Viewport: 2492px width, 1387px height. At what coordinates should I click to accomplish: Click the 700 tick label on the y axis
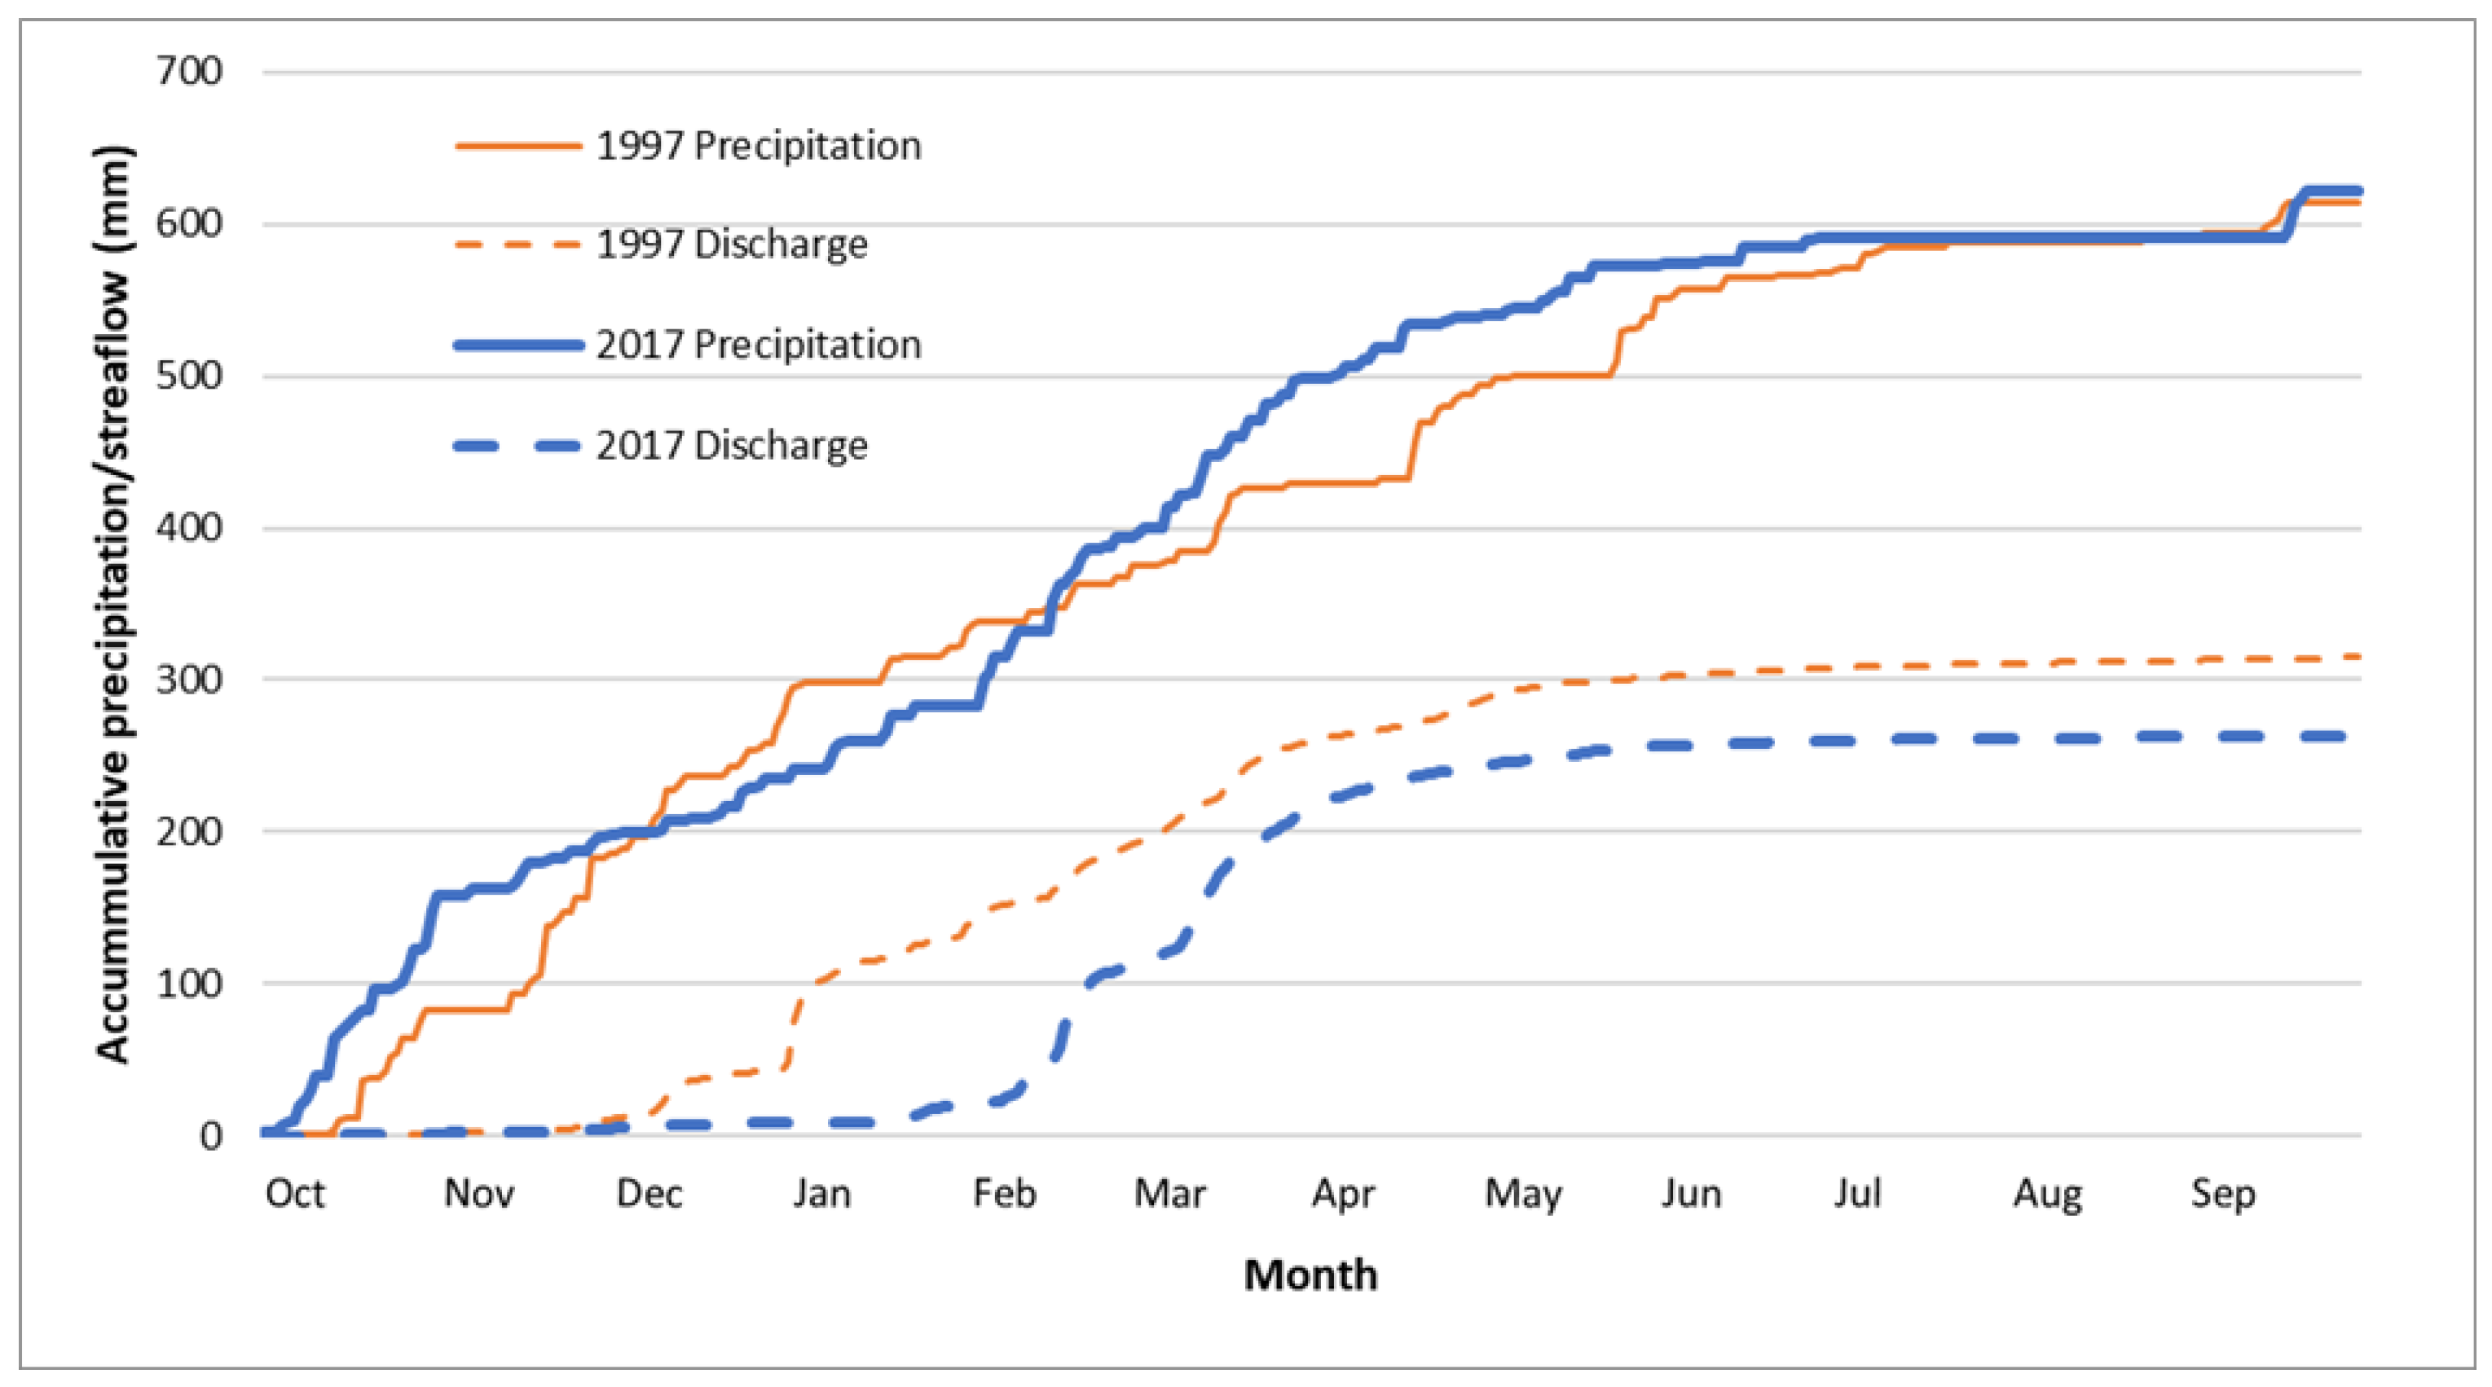(x=190, y=71)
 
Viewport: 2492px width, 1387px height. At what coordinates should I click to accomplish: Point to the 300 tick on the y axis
(x=190, y=679)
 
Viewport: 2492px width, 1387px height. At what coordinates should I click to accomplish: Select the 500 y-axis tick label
(x=190, y=376)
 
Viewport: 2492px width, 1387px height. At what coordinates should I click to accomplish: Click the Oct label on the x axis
(x=294, y=1194)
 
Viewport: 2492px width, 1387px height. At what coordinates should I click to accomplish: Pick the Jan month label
(x=821, y=1194)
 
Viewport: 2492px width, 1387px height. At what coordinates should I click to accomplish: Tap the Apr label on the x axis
(x=1343, y=1195)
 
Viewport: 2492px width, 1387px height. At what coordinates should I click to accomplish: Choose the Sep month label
(x=2222, y=1195)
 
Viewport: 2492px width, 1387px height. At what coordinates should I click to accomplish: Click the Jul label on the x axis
(x=1856, y=1194)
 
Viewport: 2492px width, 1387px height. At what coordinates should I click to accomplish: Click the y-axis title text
(x=113, y=604)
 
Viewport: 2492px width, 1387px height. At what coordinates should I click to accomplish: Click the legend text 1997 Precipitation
(x=759, y=146)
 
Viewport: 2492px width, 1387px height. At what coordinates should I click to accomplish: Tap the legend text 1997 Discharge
(x=731, y=244)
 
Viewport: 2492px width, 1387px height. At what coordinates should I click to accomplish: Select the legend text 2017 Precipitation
(x=759, y=346)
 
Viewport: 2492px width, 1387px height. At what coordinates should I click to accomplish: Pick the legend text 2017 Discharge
(x=731, y=446)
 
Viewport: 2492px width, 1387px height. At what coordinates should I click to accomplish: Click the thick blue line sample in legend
(x=518, y=346)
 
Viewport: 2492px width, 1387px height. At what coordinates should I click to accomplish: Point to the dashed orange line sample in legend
(x=518, y=244)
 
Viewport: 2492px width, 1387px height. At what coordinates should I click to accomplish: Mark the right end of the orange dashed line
(x=2358, y=657)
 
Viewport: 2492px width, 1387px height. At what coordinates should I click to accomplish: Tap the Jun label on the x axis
(x=1691, y=1195)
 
